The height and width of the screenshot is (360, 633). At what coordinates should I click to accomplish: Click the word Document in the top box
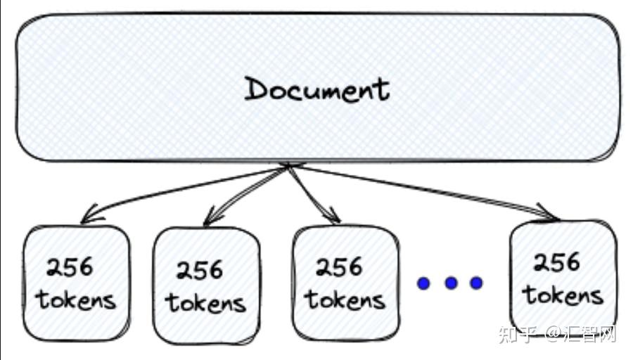(316, 89)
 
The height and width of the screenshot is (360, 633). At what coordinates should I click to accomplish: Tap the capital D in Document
(256, 89)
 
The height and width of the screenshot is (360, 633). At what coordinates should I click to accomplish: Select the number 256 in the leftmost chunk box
(70, 267)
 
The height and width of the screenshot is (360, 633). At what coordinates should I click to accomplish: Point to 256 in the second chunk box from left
(199, 270)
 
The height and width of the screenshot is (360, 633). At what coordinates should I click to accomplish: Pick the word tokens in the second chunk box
(205, 302)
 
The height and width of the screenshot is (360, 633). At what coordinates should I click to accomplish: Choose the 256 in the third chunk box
(339, 267)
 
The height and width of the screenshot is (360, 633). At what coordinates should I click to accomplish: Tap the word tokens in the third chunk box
(345, 300)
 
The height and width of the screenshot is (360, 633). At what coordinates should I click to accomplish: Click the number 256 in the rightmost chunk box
(556, 262)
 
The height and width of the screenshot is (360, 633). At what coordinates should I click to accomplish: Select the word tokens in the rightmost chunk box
(563, 295)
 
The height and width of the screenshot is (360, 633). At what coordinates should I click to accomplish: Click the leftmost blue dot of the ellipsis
(423, 283)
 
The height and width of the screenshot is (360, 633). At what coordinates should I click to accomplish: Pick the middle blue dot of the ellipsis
(451, 283)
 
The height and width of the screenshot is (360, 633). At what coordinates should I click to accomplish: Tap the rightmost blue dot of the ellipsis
(477, 283)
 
